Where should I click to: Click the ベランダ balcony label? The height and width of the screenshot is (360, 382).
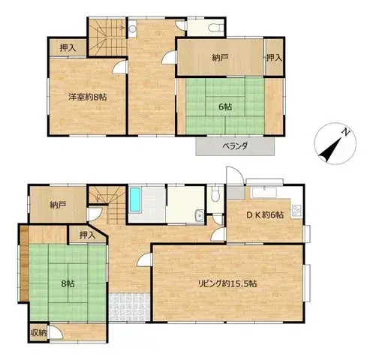pyautogui.click(x=235, y=145)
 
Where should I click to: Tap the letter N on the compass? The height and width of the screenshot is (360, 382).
pyautogui.click(x=346, y=132)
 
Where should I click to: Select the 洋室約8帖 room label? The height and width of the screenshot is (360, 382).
pyautogui.click(x=88, y=97)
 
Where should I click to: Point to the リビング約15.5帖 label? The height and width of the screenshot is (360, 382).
pyautogui.click(x=227, y=283)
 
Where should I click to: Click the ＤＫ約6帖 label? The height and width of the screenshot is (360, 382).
pyautogui.click(x=265, y=214)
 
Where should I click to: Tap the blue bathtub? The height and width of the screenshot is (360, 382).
pyautogui.click(x=135, y=199)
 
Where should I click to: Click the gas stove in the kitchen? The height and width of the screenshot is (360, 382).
pyautogui.click(x=297, y=211)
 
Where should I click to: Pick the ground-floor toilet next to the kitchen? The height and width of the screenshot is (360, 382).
pyautogui.click(x=215, y=194)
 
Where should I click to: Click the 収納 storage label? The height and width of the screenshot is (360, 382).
pyautogui.click(x=38, y=333)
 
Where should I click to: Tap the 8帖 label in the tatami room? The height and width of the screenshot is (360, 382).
pyautogui.click(x=68, y=283)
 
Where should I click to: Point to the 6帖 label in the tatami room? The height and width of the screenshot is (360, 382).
pyautogui.click(x=225, y=107)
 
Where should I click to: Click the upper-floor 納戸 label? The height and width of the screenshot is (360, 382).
pyautogui.click(x=220, y=58)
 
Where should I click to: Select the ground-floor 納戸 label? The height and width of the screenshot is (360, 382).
pyautogui.click(x=58, y=205)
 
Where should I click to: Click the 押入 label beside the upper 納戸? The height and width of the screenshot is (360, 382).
pyautogui.click(x=274, y=58)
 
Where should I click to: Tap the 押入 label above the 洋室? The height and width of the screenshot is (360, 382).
pyautogui.click(x=68, y=48)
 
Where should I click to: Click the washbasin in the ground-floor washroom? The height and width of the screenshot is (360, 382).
pyautogui.click(x=200, y=216)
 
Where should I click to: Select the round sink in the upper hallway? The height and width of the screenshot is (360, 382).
pyautogui.click(x=132, y=28)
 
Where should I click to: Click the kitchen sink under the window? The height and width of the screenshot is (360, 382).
pyautogui.click(x=264, y=193)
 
